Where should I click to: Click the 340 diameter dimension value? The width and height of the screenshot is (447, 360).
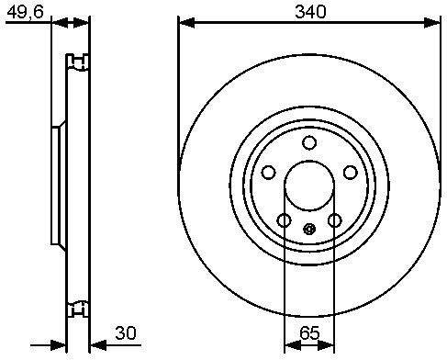pos(310,12)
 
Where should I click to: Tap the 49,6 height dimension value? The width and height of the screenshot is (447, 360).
pos(26,12)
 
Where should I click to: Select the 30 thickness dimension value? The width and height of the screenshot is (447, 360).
pos(126,333)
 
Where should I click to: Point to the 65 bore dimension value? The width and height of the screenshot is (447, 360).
pos(309,333)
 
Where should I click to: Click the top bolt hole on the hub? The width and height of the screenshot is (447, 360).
pos(309,142)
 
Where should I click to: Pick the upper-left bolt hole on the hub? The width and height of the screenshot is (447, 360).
pos(269,173)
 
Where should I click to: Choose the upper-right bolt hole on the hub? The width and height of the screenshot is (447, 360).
pos(351,173)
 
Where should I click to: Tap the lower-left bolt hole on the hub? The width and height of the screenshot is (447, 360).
pos(285,220)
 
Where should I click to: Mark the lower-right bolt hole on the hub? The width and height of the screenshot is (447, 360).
pos(335,220)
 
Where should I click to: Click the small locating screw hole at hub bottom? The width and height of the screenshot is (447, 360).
pos(309,229)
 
